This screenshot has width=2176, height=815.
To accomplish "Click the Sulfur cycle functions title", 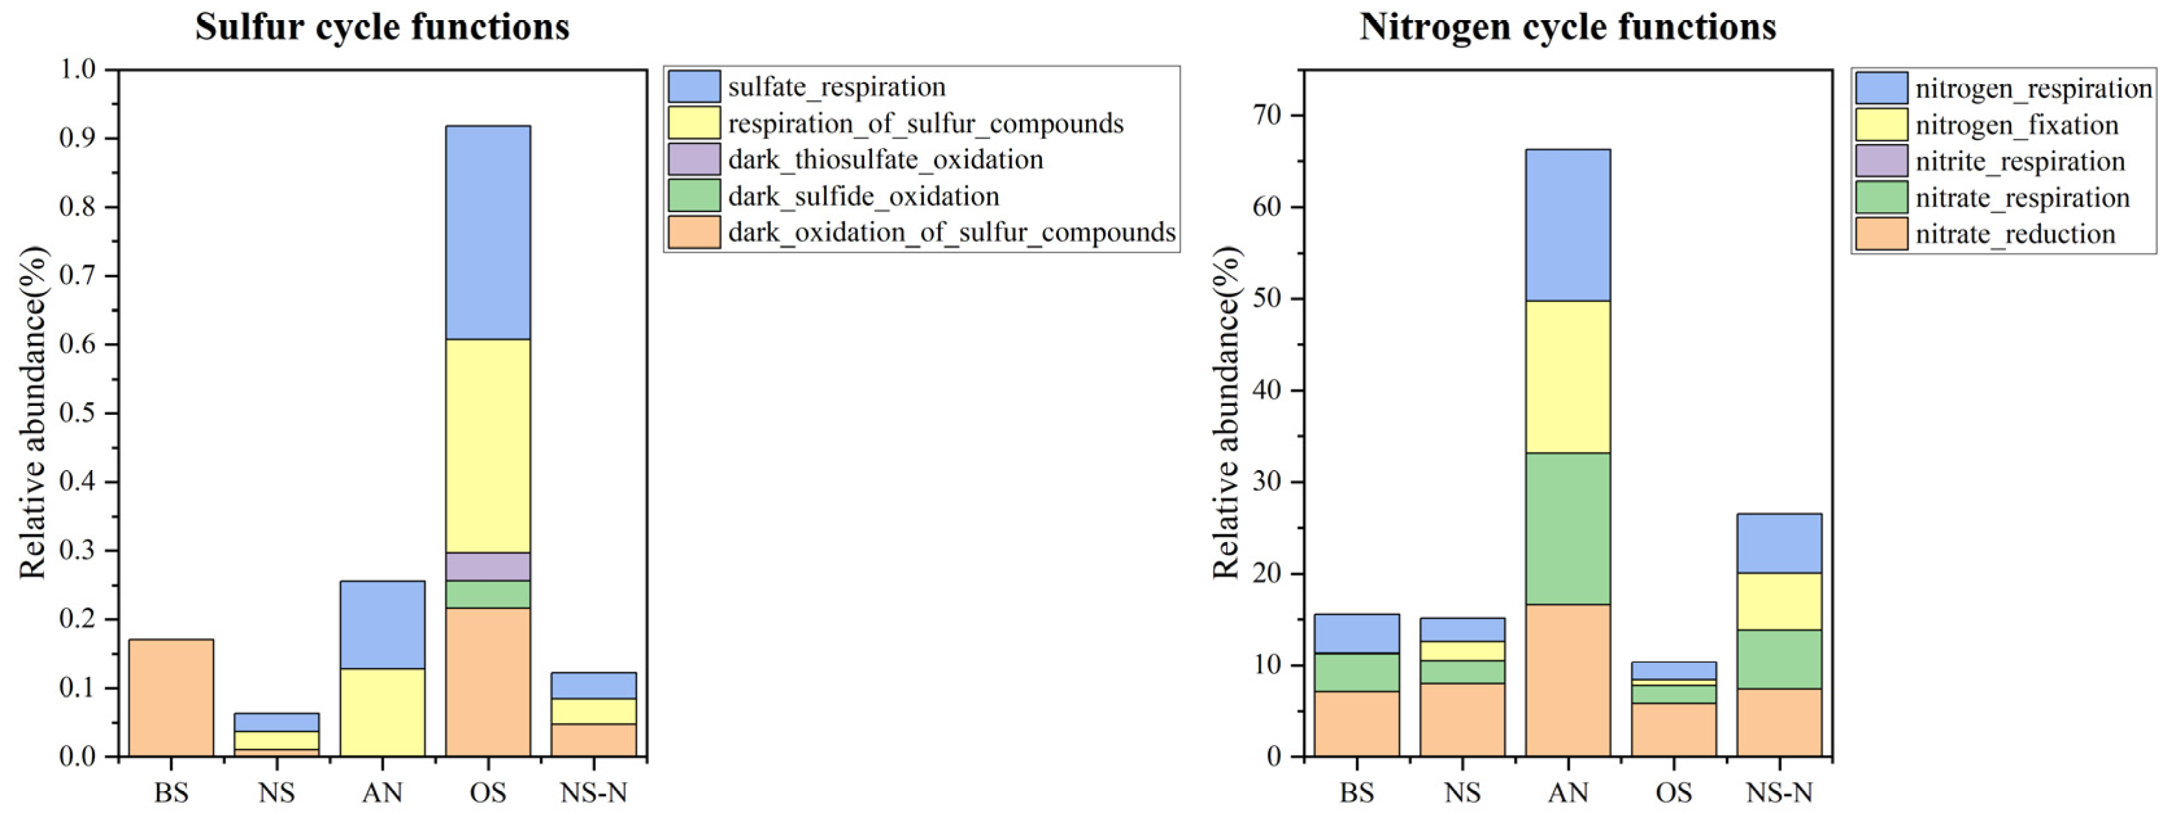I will point(382,27).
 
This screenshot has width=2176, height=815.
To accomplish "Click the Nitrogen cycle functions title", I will point(1568,27).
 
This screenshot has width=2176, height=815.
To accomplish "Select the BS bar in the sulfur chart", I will point(171,698).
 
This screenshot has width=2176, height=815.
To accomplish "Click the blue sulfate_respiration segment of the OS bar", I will point(488,232).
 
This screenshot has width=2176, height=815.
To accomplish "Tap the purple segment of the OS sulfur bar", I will point(488,567).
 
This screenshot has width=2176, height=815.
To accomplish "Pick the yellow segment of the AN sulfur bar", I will point(383,712).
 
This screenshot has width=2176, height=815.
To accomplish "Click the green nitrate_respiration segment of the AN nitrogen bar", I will point(1568,528).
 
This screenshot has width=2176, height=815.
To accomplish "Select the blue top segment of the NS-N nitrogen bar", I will point(1779,543).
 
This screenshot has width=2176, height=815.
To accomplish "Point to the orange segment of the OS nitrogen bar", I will point(1673,729).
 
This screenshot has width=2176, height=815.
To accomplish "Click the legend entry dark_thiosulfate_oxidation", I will point(885,159).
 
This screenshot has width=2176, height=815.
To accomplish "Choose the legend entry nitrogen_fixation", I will point(2016,125).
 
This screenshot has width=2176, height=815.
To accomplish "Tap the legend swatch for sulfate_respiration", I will point(694,86).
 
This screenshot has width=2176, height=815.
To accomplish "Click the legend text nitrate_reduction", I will point(2015,234).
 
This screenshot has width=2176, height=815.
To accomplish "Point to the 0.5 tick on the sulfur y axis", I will point(78,414).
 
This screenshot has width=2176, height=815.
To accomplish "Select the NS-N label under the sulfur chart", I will point(594,793).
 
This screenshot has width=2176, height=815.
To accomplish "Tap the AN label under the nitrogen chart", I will point(1568,793).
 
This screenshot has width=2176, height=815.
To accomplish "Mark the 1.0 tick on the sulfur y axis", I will point(78,69).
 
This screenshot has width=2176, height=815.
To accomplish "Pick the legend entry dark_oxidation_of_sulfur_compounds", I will point(951,232).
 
